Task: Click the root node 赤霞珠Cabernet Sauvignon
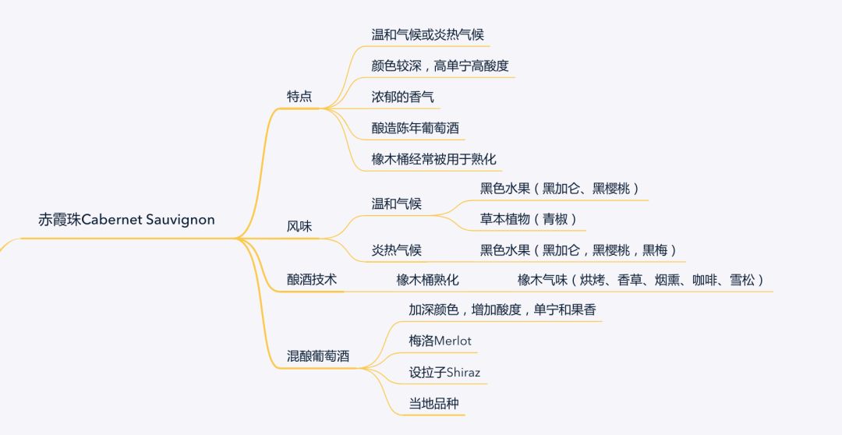pos(126,220)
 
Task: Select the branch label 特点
pos(299,97)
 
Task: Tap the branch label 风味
pos(299,227)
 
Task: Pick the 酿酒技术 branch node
pos(312,279)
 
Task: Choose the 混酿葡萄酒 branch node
pos(318,357)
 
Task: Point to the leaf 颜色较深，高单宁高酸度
pos(440,66)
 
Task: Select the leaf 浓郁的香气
pos(402,97)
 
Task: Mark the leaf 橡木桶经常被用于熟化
pos(434,160)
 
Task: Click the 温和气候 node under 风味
pos(396,203)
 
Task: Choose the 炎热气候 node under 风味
pos(396,250)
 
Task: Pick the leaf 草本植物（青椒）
pos(529,219)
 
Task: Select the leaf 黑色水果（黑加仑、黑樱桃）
pos(560,188)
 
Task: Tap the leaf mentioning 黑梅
pos(578,250)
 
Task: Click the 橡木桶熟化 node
pos(427,279)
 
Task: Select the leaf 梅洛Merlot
pos(440,341)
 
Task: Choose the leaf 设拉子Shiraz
pos(444,372)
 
